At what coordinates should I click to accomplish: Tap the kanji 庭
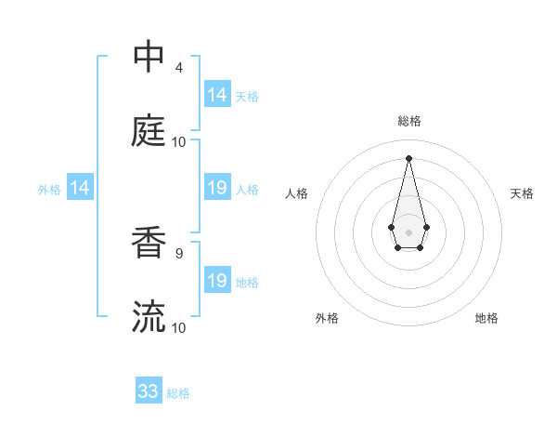pos(149,131)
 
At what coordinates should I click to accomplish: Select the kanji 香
pos(149,244)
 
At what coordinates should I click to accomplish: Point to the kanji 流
pos(149,317)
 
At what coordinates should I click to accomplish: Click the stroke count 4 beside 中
pos(179,67)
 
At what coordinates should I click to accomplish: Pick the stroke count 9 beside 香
pos(179,252)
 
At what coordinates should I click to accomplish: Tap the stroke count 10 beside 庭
pos(179,141)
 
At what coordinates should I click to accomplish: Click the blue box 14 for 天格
pos(217,95)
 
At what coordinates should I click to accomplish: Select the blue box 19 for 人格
pos(217,188)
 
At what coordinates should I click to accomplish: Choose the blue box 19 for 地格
pos(217,281)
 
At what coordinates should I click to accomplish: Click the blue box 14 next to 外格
pos(80,188)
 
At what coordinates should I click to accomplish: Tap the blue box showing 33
pos(149,391)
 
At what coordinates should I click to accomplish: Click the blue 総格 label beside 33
pos(178,393)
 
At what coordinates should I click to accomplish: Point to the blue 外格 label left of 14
pos(49,190)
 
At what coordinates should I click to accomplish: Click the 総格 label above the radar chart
pos(408,121)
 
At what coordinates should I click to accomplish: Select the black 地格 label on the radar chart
pos(486,318)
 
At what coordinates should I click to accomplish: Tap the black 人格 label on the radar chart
pos(296,193)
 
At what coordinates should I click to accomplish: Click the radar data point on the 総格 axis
pos(408,157)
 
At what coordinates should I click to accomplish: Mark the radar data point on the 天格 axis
pos(426,226)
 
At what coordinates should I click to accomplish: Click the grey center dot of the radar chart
pos(408,231)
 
